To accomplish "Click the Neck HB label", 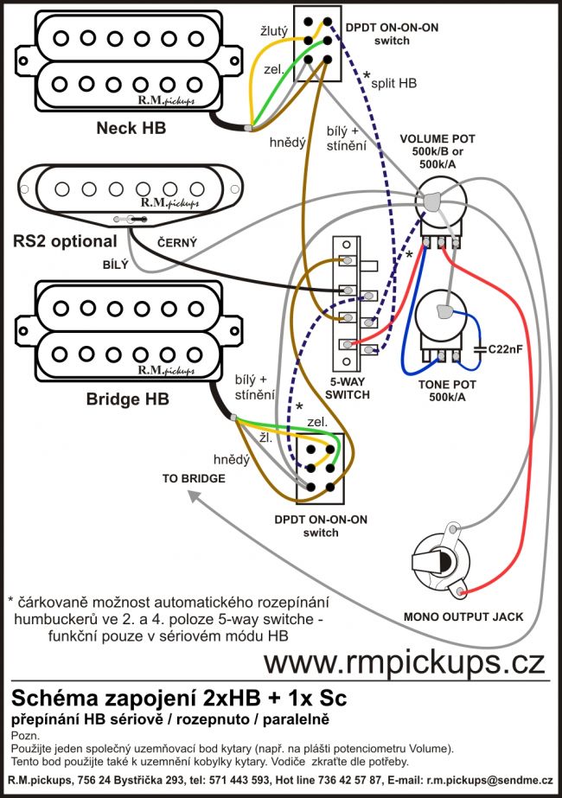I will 131,129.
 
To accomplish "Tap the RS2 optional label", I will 64,240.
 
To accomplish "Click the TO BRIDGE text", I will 194,478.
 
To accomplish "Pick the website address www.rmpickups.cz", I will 405,662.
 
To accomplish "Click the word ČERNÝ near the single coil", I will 176,245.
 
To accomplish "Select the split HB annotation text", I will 394,84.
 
